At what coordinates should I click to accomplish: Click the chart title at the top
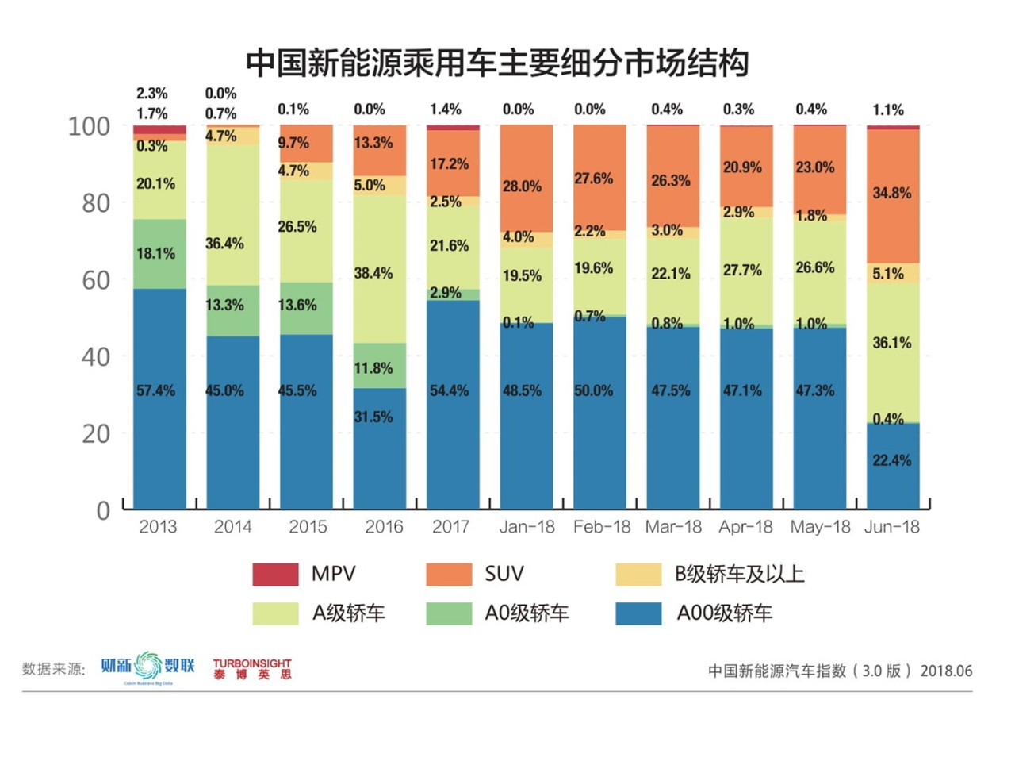(496, 63)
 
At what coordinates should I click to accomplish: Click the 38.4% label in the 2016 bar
(373, 273)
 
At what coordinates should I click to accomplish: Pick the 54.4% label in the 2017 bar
(450, 390)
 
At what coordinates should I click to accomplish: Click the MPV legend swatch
(275, 574)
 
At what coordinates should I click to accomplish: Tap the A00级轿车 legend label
(724, 613)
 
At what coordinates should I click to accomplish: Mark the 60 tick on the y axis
(96, 279)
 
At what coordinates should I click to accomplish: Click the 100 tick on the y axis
(89, 125)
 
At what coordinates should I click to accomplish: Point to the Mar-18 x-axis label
(673, 527)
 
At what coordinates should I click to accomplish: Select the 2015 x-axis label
(308, 527)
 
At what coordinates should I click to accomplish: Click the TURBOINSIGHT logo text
(252, 663)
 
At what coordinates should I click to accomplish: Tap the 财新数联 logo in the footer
(147, 667)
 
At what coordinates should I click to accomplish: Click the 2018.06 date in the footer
(946, 671)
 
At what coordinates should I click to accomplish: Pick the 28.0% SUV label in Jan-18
(522, 186)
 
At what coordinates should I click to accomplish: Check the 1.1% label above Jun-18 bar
(888, 110)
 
